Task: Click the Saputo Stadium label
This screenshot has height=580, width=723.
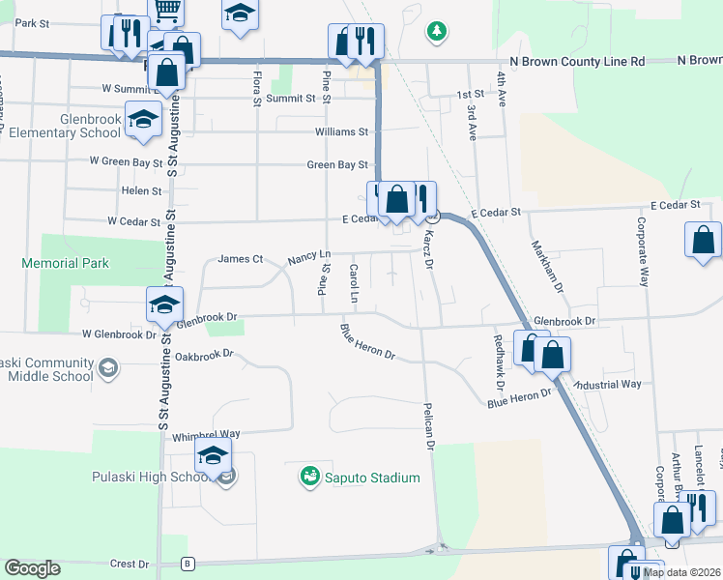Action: coord(372,478)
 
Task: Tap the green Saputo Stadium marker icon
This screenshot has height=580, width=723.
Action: coord(310,477)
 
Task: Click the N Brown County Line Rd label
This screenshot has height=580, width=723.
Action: coord(586,61)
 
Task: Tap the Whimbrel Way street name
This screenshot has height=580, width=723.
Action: coord(206,435)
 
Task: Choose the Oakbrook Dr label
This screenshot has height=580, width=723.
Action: coord(205,355)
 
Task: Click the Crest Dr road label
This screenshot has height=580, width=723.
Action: coord(130,564)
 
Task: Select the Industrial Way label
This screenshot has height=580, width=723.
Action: coord(609,384)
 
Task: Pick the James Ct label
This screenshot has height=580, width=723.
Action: coord(241,259)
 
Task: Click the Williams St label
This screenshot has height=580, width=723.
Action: coord(341,131)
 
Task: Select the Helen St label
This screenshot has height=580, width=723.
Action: coord(141,191)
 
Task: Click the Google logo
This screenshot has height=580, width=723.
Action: coord(33,568)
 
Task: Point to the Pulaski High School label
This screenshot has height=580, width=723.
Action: coord(150,478)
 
